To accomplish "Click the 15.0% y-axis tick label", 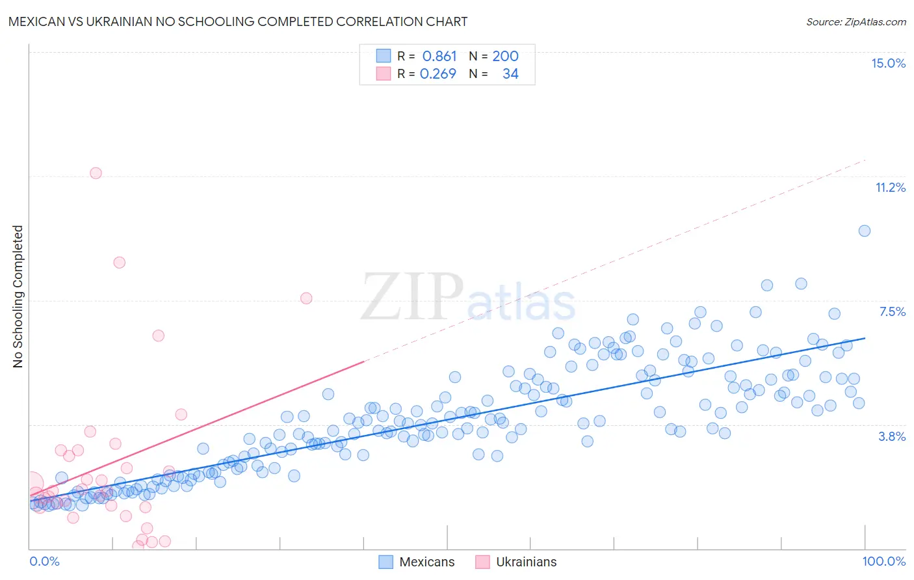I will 888,63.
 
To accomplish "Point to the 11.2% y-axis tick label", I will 890,187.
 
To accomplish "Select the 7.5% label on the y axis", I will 892,311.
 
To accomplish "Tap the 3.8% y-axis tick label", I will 892,436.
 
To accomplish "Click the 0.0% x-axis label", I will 44,561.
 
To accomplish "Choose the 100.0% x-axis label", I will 883,561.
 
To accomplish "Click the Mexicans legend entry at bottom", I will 417,562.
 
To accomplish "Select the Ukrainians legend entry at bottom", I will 516,562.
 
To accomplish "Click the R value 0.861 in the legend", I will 439,56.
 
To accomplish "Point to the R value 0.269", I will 438,74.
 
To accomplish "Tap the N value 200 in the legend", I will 505,56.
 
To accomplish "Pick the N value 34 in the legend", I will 510,74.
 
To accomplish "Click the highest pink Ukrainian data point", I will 96,173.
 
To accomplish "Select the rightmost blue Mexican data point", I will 864,231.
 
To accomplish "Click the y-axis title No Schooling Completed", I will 18,297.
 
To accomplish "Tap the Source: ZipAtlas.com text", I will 855,21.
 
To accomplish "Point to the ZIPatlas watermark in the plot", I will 468,298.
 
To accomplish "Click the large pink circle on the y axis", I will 31,484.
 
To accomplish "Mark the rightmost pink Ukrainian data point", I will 306,298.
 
